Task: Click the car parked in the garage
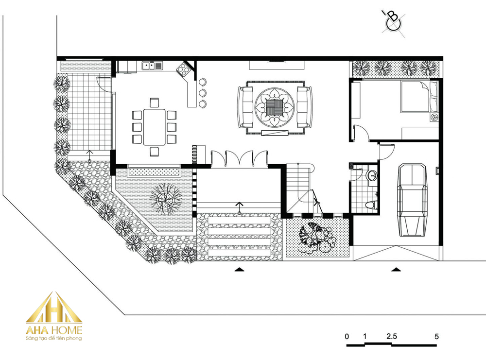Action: tap(412, 200)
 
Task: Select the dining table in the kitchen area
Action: tap(155, 127)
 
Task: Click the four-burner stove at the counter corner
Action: tap(184, 69)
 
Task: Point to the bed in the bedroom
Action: tap(419, 96)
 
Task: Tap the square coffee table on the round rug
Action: tap(274, 107)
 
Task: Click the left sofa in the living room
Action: tap(245, 107)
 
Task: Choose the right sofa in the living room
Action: tap(305, 107)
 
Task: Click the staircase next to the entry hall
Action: tap(298, 188)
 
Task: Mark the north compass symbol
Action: tap(393, 22)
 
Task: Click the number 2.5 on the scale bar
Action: tap(391, 336)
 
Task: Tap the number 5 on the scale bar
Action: tap(437, 336)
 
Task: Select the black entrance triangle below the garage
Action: tap(396, 269)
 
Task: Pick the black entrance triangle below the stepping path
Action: tap(239, 269)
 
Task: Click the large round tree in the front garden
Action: tap(166, 199)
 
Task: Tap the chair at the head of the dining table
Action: tap(155, 103)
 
